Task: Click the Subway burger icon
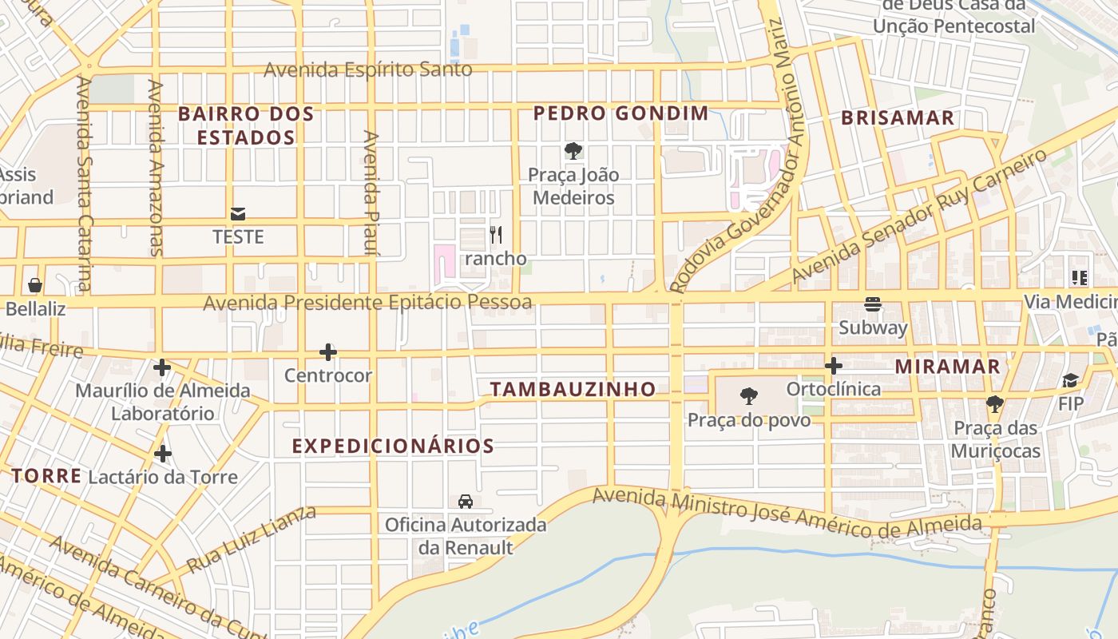tap(873, 304)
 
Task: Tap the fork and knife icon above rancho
tap(496, 235)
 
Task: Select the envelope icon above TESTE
tap(238, 213)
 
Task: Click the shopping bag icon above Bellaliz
tap(35, 285)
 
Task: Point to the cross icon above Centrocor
tap(327, 351)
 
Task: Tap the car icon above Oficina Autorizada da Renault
tap(466, 501)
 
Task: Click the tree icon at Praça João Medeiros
tap(573, 151)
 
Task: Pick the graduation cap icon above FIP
tap(1071, 380)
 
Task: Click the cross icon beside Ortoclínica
tap(834, 367)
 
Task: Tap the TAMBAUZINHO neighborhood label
tap(573, 390)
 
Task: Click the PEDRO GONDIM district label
tap(620, 113)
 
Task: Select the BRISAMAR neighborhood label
tap(898, 118)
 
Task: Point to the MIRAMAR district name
tap(947, 367)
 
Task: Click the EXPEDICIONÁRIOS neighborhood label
tap(393, 446)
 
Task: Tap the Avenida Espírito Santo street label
tap(368, 69)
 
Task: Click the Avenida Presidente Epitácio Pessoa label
tap(367, 303)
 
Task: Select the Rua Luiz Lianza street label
tap(251, 539)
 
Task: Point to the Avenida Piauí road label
tap(370, 192)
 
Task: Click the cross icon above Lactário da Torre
tap(163, 454)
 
